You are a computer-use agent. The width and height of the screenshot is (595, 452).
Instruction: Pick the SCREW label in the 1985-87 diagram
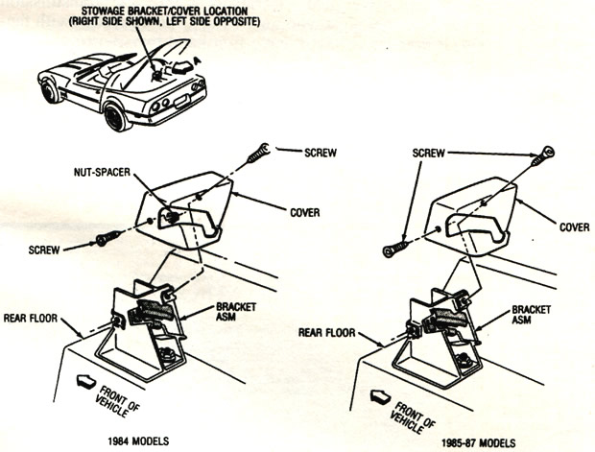(433, 153)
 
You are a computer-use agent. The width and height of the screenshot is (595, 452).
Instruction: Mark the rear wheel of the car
(117, 117)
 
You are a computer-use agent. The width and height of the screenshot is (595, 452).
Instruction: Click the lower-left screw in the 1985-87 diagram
(394, 250)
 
